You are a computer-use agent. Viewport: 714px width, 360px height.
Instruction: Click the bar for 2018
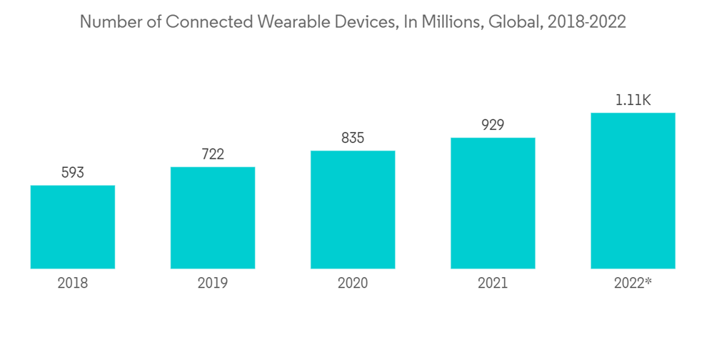(x=73, y=227)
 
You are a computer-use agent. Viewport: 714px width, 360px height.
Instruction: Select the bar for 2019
(x=213, y=218)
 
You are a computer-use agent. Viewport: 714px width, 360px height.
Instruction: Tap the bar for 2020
(x=353, y=210)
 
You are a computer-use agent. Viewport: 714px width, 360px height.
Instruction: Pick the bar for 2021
(x=493, y=203)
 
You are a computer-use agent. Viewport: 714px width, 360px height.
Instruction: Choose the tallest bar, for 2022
(x=633, y=191)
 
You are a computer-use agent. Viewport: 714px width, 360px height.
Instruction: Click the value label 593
(x=73, y=173)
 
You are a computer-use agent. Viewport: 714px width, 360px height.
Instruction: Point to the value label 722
(x=213, y=154)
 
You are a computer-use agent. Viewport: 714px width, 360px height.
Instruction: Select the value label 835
(x=353, y=138)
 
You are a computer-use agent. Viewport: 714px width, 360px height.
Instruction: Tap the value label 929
(x=493, y=125)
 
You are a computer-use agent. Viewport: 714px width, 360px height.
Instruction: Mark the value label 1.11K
(x=633, y=100)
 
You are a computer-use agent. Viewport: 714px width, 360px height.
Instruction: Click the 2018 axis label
(x=73, y=284)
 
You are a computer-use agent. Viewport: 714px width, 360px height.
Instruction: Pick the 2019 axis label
(x=213, y=284)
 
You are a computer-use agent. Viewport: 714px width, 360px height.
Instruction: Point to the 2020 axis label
(x=353, y=284)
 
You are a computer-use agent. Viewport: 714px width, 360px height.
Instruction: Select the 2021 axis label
(x=493, y=284)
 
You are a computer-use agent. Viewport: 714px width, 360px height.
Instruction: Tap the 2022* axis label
(x=633, y=284)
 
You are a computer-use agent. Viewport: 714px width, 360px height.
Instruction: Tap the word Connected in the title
(x=199, y=22)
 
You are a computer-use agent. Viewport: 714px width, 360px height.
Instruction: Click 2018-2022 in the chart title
(x=585, y=22)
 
